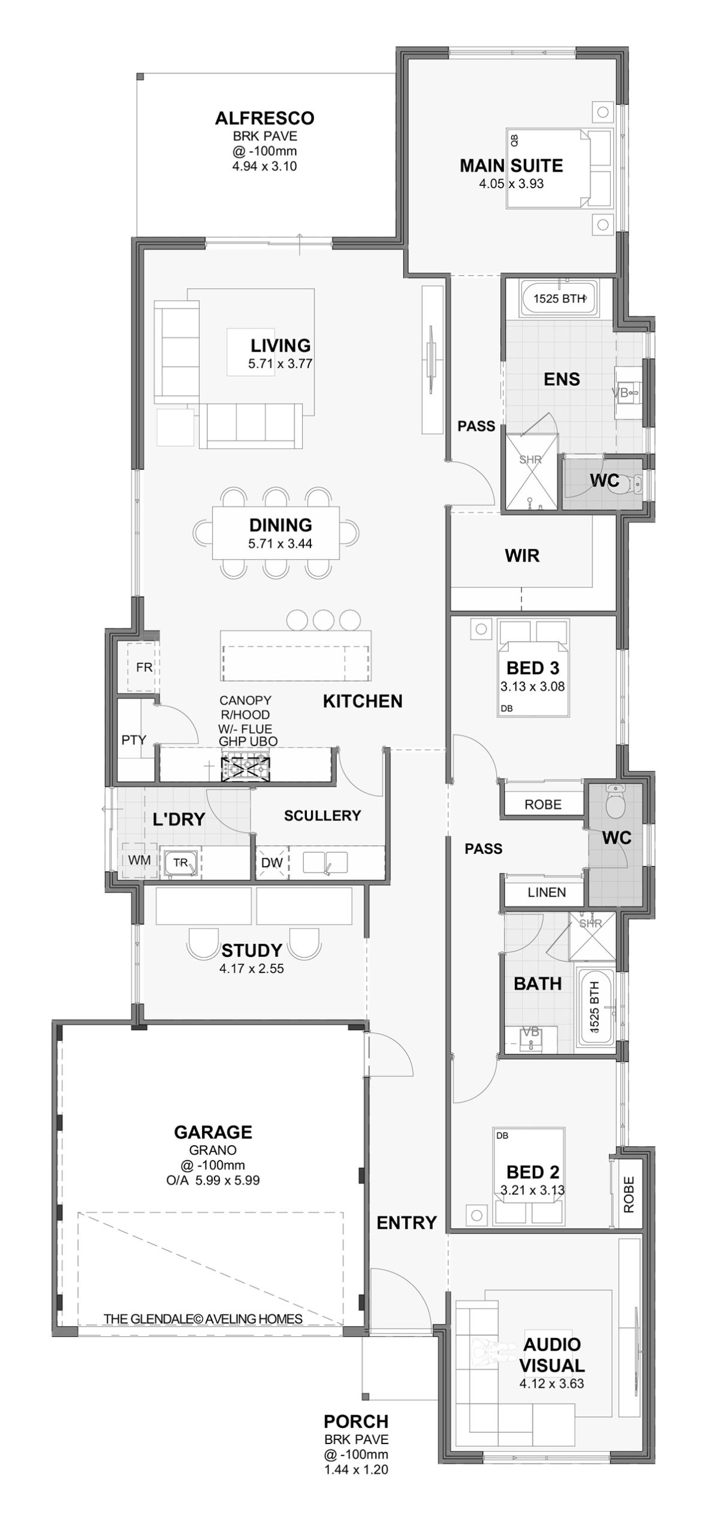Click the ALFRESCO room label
coord(264,118)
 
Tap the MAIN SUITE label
coord(511,165)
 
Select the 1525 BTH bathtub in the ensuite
coord(559,298)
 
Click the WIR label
coord(522,555)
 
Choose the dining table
coord(276,533)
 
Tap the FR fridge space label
coord(144,667)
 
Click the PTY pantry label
coord(134,740)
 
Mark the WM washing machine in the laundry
coord(140,860)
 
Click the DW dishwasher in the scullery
coord(271,863)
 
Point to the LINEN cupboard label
coord(547,892)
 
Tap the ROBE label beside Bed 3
coord(543,805)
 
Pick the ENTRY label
coord(407,1222)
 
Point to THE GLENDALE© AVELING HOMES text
coord(203,1319)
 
